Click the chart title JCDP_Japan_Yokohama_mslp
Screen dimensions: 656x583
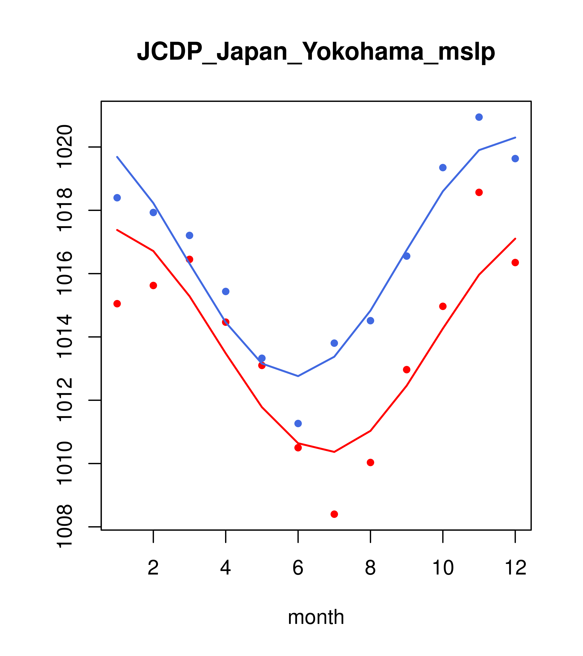(316, 51)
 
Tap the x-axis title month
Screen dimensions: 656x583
(316, 617)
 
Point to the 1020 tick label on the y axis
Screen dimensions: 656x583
(64, 147)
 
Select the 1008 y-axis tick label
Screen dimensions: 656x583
(64, 527)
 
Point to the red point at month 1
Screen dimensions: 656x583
(117, 304)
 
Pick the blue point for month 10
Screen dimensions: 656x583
(442, 167)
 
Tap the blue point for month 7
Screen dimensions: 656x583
(334, 343)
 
